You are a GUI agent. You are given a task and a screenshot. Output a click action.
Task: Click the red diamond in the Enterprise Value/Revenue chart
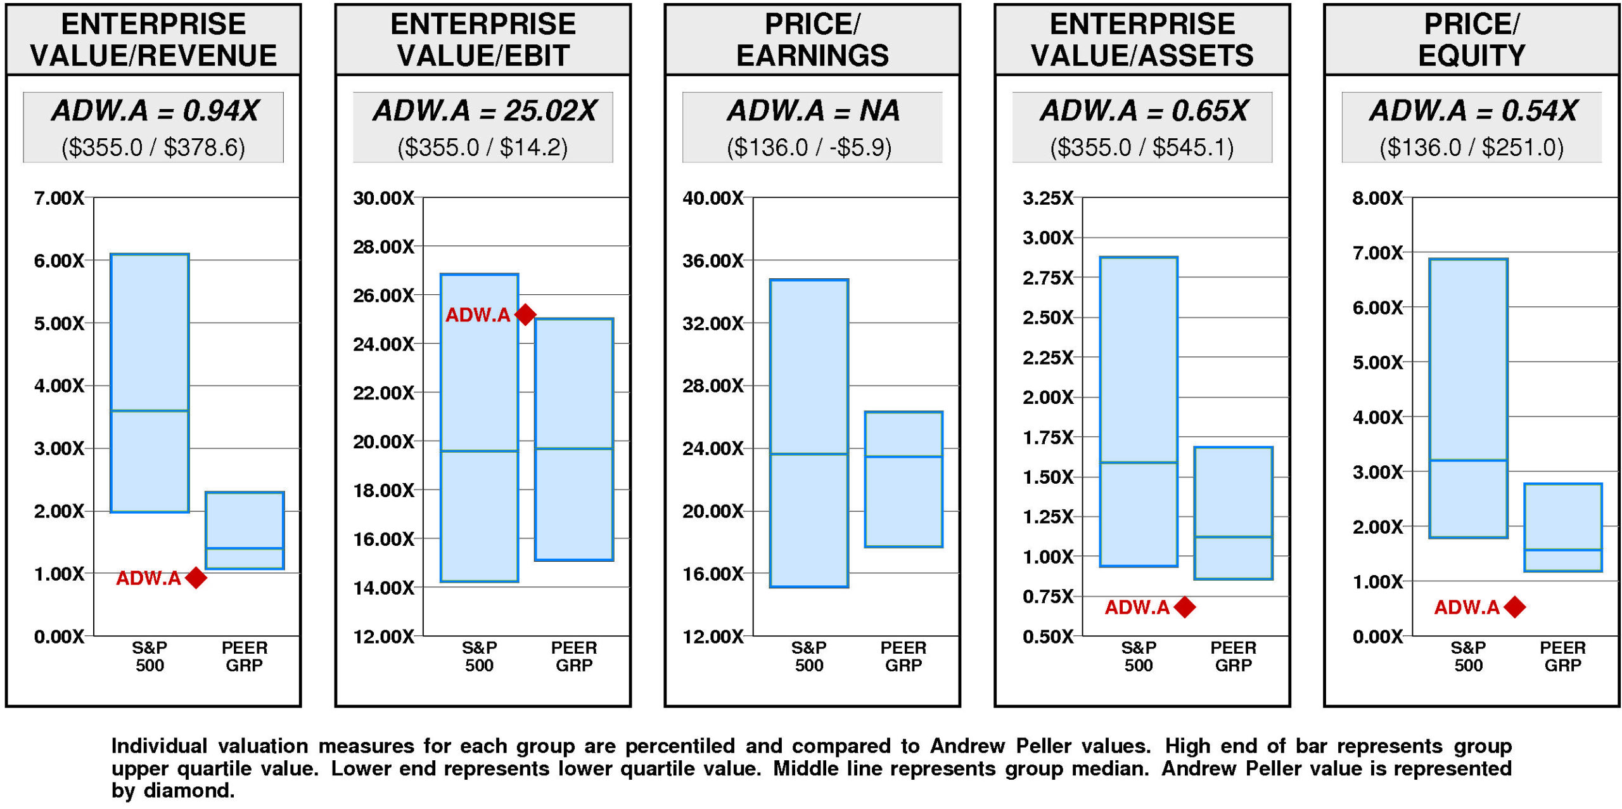click(196, 578)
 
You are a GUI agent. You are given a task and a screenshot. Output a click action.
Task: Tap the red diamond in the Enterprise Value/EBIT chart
click(525, 314)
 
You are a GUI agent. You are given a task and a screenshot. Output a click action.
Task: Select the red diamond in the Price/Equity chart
click(1515, 607)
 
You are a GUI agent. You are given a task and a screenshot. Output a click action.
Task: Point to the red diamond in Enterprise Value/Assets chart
click(1185, 607)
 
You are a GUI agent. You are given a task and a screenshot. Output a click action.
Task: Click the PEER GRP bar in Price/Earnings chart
click(904, 479)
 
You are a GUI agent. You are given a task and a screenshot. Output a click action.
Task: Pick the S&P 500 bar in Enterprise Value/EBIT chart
click(480, 428)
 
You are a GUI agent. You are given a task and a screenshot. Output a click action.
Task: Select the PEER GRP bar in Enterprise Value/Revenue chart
click(245, 530)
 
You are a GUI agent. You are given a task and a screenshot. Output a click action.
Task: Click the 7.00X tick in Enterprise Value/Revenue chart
click(59, 198)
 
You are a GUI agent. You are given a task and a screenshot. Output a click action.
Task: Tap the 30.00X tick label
click(383, 198)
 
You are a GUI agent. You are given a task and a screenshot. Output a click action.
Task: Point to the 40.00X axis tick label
click(713, 198)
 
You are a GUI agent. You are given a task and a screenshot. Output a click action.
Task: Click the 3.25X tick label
click(1048, 198)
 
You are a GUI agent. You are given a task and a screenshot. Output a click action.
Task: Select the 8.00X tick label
click(1377, 198)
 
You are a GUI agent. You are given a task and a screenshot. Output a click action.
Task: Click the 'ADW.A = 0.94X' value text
click(155, 111)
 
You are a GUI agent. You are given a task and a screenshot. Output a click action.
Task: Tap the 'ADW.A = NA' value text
click(813, 111)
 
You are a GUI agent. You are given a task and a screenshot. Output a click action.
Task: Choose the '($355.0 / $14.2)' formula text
click(483, 148)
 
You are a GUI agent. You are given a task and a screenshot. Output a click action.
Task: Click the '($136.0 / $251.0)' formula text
click(1471, 148)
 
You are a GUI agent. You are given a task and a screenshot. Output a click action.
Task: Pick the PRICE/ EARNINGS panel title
click(812, 40)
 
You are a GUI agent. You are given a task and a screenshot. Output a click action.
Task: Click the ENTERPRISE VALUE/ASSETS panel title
click(1142, 40)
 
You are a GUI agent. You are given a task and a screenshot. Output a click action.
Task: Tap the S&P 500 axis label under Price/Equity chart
click(1468, 656)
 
